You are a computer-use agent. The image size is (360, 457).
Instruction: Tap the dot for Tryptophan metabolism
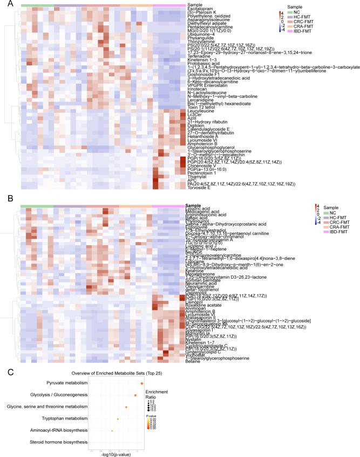tap(118, 419)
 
